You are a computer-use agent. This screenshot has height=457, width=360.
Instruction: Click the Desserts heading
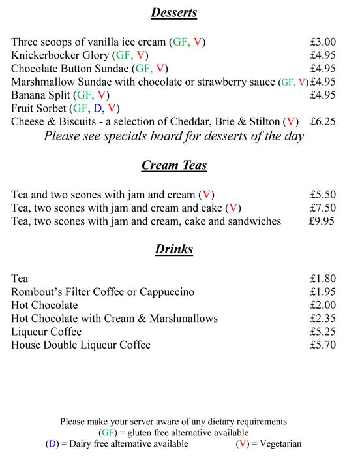click(x=174, y=12)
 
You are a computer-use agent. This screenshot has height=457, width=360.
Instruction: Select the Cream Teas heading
click(x=174, y=165)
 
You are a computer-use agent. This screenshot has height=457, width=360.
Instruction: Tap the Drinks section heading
click(x=174, y=249)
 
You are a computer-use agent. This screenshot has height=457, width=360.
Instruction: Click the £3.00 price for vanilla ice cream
click(x=323, y=42)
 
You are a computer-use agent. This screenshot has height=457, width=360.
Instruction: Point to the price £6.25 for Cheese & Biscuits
click(x=323, y=121)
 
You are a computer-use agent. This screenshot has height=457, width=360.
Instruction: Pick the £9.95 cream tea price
click(x=322, y=221)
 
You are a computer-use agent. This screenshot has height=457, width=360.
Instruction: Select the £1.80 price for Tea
click(x=323, y=279)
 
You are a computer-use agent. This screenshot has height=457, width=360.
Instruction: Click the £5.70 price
click(x=323, y=345)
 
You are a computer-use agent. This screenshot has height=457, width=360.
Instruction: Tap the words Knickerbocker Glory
click(x=60, y=55)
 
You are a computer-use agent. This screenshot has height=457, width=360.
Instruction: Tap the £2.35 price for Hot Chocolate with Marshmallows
click(x=323, y=319)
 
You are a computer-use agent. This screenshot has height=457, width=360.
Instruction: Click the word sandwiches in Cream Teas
click(x=252, y=221)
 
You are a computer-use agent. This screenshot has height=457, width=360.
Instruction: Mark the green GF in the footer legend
click(x=108, y=433)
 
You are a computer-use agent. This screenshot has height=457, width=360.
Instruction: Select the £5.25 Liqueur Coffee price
click(x=323, y=332)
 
